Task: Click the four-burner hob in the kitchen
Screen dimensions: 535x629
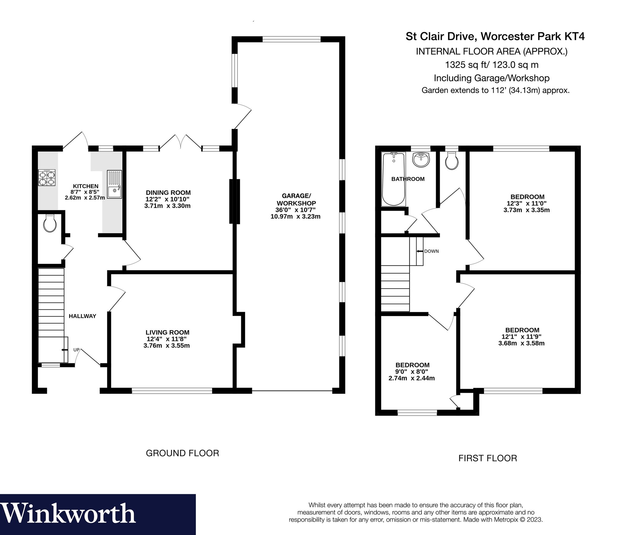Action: point(47,178)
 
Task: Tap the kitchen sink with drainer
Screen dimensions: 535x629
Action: point(114,184)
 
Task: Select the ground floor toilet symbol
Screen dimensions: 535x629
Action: point(50,224)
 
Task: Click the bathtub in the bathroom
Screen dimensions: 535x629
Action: point(393,179)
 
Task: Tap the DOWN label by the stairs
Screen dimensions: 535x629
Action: point(431,251)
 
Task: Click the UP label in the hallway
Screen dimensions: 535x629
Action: point(76,350)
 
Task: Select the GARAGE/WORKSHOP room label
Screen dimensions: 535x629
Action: point(296,199)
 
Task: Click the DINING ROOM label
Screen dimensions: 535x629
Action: point(168,193)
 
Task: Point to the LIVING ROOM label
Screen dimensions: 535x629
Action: point(167,332)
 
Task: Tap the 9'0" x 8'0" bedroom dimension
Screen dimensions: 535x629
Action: point(411,372)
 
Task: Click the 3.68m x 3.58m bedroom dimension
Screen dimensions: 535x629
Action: point(521,343)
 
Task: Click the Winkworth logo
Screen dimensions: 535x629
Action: point(68,514)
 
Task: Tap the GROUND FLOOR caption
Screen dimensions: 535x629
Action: point(182,453)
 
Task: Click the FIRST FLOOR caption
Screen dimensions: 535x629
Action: point(488,458)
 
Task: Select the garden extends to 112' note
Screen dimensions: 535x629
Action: point(495,90)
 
